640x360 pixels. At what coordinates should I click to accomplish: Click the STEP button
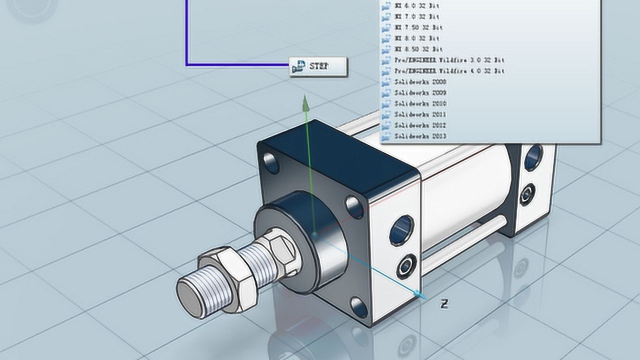318,66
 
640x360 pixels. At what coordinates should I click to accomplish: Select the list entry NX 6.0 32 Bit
417,6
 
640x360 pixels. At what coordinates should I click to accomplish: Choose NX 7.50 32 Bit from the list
418,27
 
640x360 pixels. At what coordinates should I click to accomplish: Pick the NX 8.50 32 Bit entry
418,49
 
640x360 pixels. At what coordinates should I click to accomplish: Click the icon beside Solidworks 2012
386,125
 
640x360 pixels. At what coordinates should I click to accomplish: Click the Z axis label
443,303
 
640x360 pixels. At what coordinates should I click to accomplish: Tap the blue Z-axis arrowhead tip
423,296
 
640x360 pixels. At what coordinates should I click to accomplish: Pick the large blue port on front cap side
401,230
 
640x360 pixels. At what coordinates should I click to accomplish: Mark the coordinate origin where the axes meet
314,233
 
